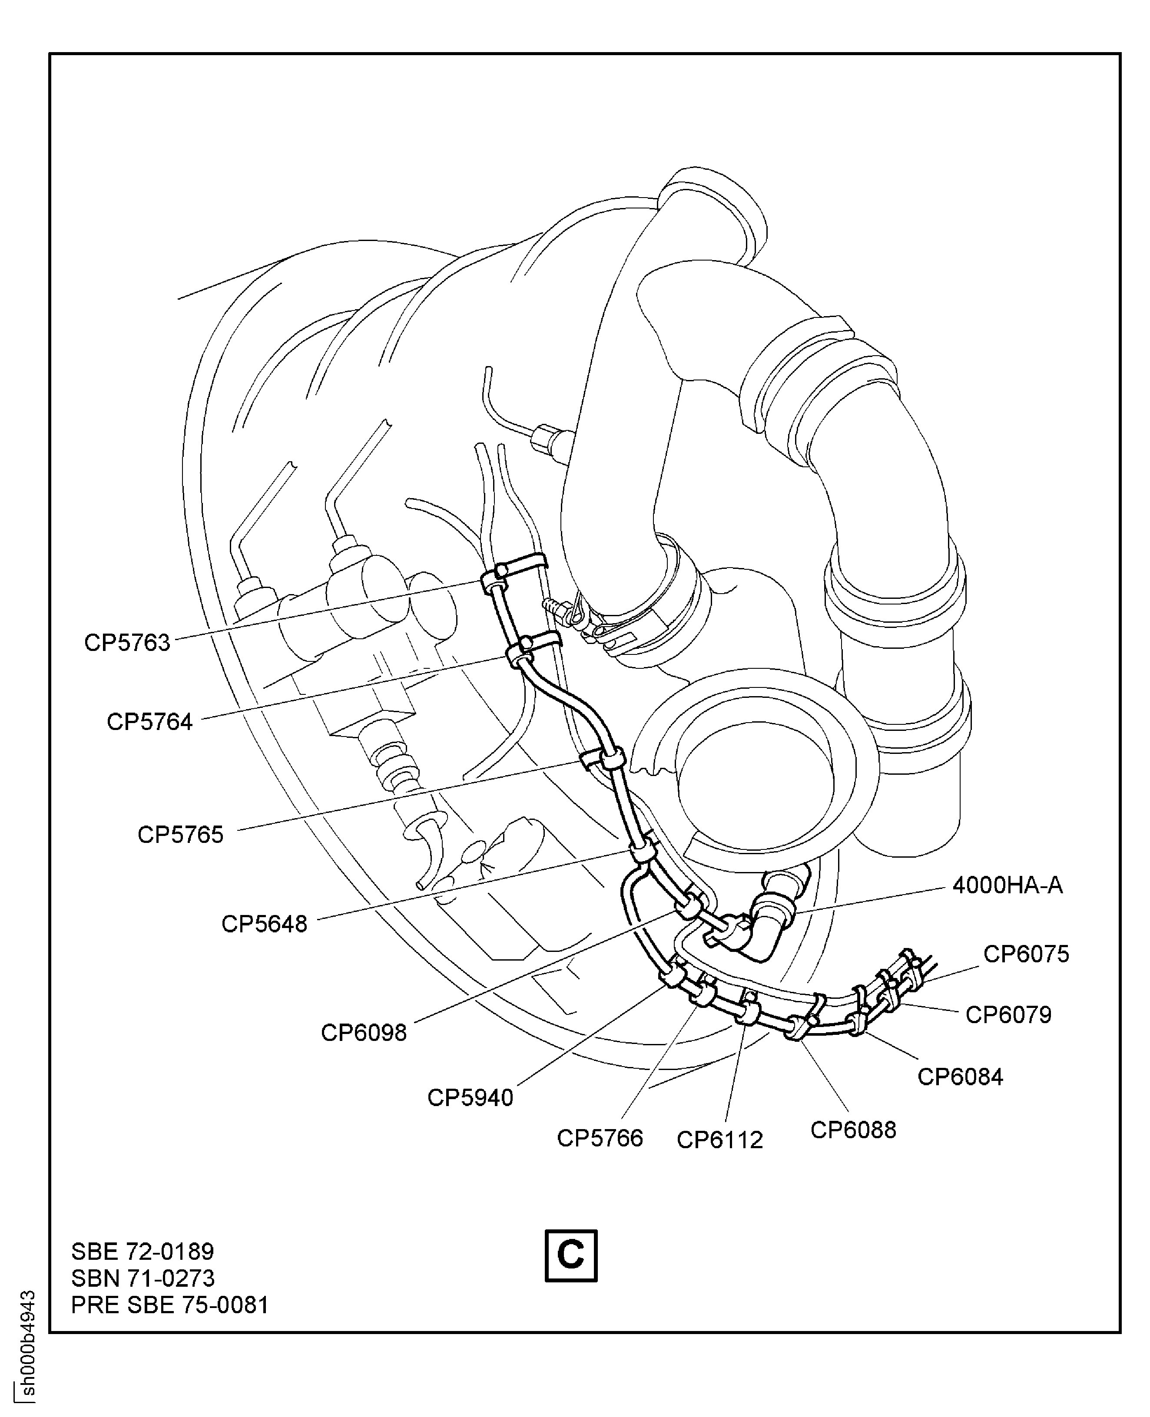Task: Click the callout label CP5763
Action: point(127,642)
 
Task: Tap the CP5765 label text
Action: point(180,834)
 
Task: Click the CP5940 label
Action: point(471,1097)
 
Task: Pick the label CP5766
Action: point(600,1138)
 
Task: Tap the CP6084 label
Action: point(960,1077)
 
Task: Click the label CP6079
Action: point(1008,1014)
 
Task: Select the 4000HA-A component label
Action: point(1007,885)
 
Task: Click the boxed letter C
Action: point(570,1255)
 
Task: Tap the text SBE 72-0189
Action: point(143,1252)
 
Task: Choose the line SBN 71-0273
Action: point(143,1278)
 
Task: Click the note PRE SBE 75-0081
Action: point(169,1305)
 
